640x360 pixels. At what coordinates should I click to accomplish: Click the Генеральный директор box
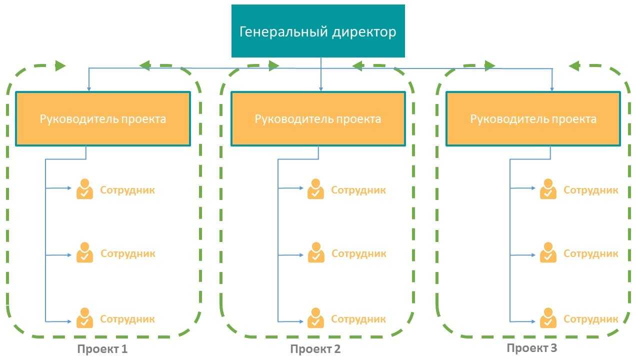point(318,31)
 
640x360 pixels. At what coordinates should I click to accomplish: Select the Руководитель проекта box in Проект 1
point(103,119)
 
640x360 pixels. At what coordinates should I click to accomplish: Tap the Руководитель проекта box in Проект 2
point(318,119)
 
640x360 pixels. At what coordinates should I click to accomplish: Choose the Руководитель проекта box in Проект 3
point(533,119)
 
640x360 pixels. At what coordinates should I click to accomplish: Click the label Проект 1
point(102,349)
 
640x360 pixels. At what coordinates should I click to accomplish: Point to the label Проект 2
point(315,349)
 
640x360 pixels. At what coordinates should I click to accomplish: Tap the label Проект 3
point(531,348)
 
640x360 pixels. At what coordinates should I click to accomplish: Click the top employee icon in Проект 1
point(84,189)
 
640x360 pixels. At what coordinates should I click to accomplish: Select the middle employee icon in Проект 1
point(84,252)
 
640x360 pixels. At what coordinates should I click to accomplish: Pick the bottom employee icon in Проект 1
point(84,318)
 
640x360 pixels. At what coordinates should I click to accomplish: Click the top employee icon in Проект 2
point(315,189)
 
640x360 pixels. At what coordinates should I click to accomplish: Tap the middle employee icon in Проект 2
point(315,252)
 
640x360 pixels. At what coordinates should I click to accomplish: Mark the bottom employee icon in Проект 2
point(315,318)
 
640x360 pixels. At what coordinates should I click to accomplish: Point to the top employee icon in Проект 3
point(548,189)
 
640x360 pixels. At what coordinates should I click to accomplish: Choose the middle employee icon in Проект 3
point(548,252)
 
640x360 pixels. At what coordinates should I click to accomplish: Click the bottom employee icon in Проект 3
point(548,318)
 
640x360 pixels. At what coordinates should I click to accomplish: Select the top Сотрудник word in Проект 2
point(358,190)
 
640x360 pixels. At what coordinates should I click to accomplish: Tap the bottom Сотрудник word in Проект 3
point(591,319)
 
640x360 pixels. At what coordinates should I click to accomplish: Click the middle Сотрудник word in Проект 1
point(128,253)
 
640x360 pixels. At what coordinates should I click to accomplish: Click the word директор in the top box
point(363,32)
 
